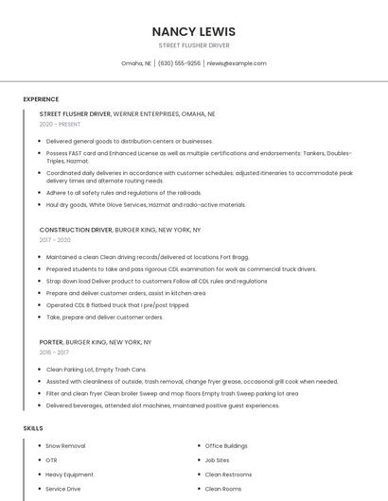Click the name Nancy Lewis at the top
click(194, 31)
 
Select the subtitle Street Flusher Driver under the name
click(194, 45)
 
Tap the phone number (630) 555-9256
click(179, 63)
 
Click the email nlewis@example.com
click(237, 63)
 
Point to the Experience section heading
click(41, 99)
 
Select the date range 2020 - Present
click(60, 124)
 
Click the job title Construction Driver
click(75, 230)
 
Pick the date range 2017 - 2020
click(55, 240)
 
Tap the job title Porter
click(51, 342)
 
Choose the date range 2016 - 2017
click(54, 353)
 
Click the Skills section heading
click(33, 428)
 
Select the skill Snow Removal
click(65, 445)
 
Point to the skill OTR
click(51, 460)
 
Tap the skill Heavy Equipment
click(69, 475)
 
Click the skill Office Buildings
click(226, 445)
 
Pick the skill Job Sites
click(217, 460)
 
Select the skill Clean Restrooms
click(228, 475)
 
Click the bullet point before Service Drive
click(39, 489)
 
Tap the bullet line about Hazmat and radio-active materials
click(146, 204)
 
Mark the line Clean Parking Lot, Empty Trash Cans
click(96, 370)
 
